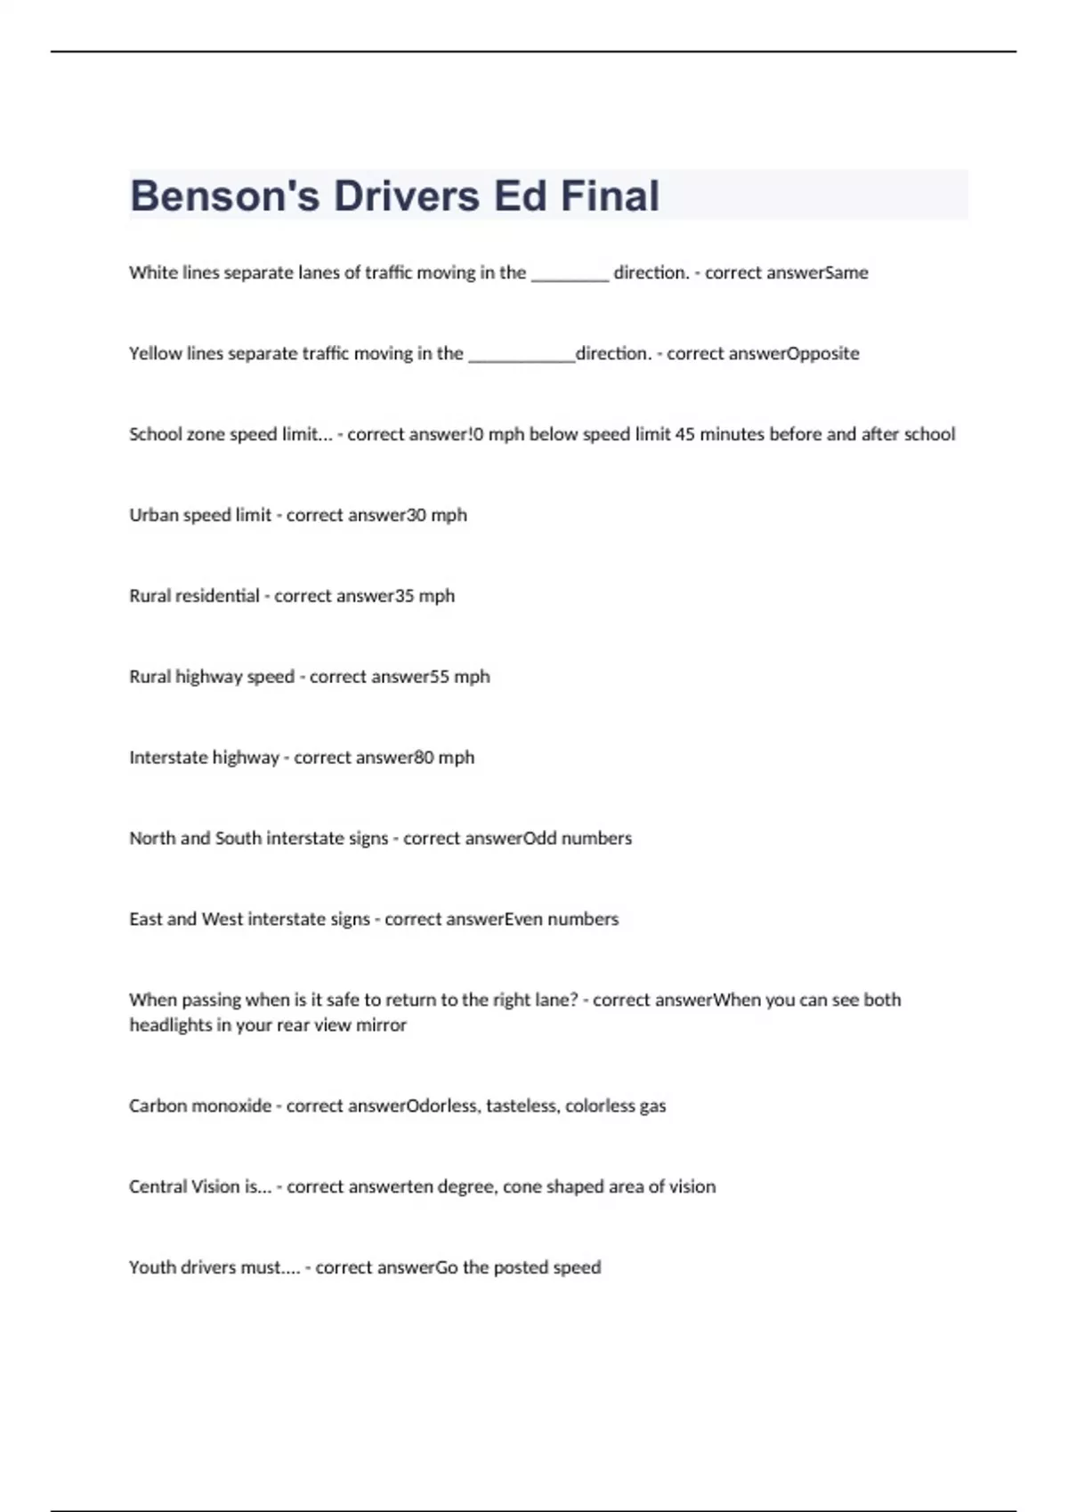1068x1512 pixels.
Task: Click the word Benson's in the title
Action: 225,196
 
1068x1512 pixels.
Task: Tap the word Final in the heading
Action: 610,196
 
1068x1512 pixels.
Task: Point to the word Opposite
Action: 823,354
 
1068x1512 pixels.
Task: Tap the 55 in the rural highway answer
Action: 440,677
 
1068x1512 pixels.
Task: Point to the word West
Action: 222,919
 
